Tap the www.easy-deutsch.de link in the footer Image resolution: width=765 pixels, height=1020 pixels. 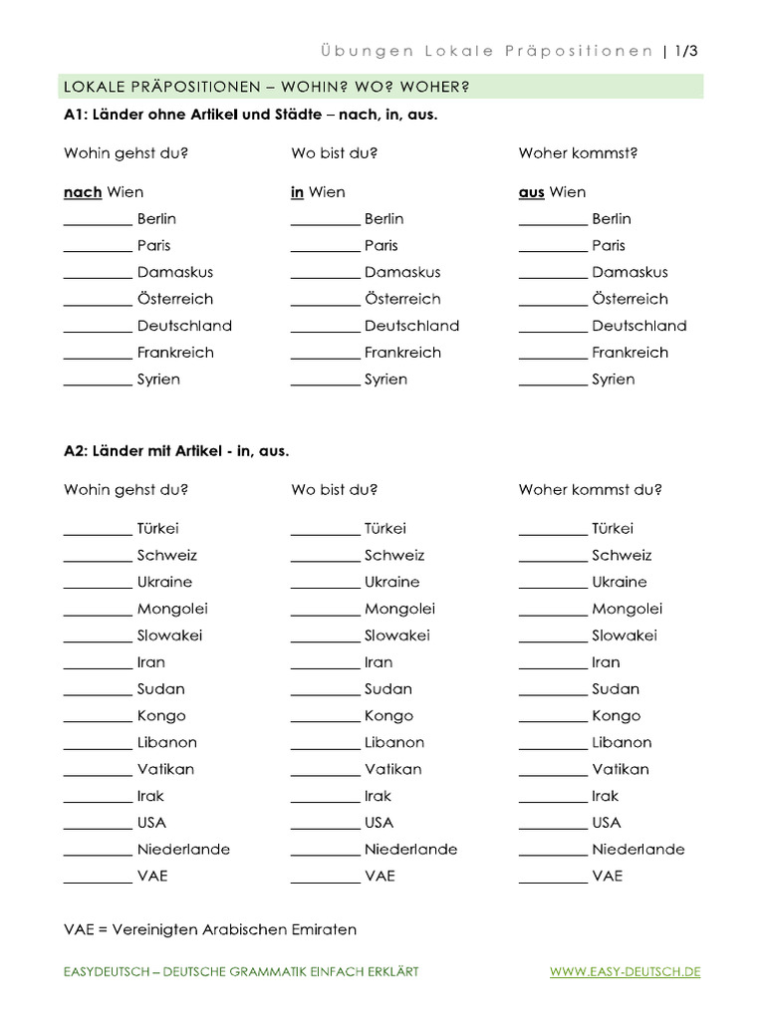pyautogui.click(x=625, y=971)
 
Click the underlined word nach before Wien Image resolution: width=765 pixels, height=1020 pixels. pyautogui.click(x=83, y=192)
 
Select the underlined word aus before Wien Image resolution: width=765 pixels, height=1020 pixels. pyautogui.click(x=531, y=192)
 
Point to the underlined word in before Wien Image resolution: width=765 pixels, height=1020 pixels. pyautogui.click(x=297, y=192)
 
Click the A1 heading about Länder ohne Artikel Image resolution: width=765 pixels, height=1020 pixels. pyautogui.click(x=250, y=115)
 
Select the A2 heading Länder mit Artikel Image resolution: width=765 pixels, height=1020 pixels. pyautogui.click(x=176, y=451)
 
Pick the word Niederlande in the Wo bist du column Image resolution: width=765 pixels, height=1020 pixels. pyautogui.click(x=410, y=850)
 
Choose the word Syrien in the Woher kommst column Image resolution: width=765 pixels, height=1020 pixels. pyautogui.click(x=613, y=380)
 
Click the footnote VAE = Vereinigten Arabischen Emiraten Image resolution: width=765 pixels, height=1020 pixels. pyautogui.click(x=210, y=929)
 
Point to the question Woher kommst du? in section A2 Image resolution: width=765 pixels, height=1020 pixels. pyautogui.click(x=590, y=490)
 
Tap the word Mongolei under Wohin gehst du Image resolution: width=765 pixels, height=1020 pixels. pyautogui.click(x=172, y=609)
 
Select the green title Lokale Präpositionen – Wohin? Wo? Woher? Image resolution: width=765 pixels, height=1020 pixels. pyautogui.click(x=266, y=87)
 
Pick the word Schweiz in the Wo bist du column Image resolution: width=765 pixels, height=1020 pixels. pyautogui.click(x=394, y=555)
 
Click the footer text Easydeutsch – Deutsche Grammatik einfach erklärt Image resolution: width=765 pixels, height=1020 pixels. pyautogui.click(x=241, y=971)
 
